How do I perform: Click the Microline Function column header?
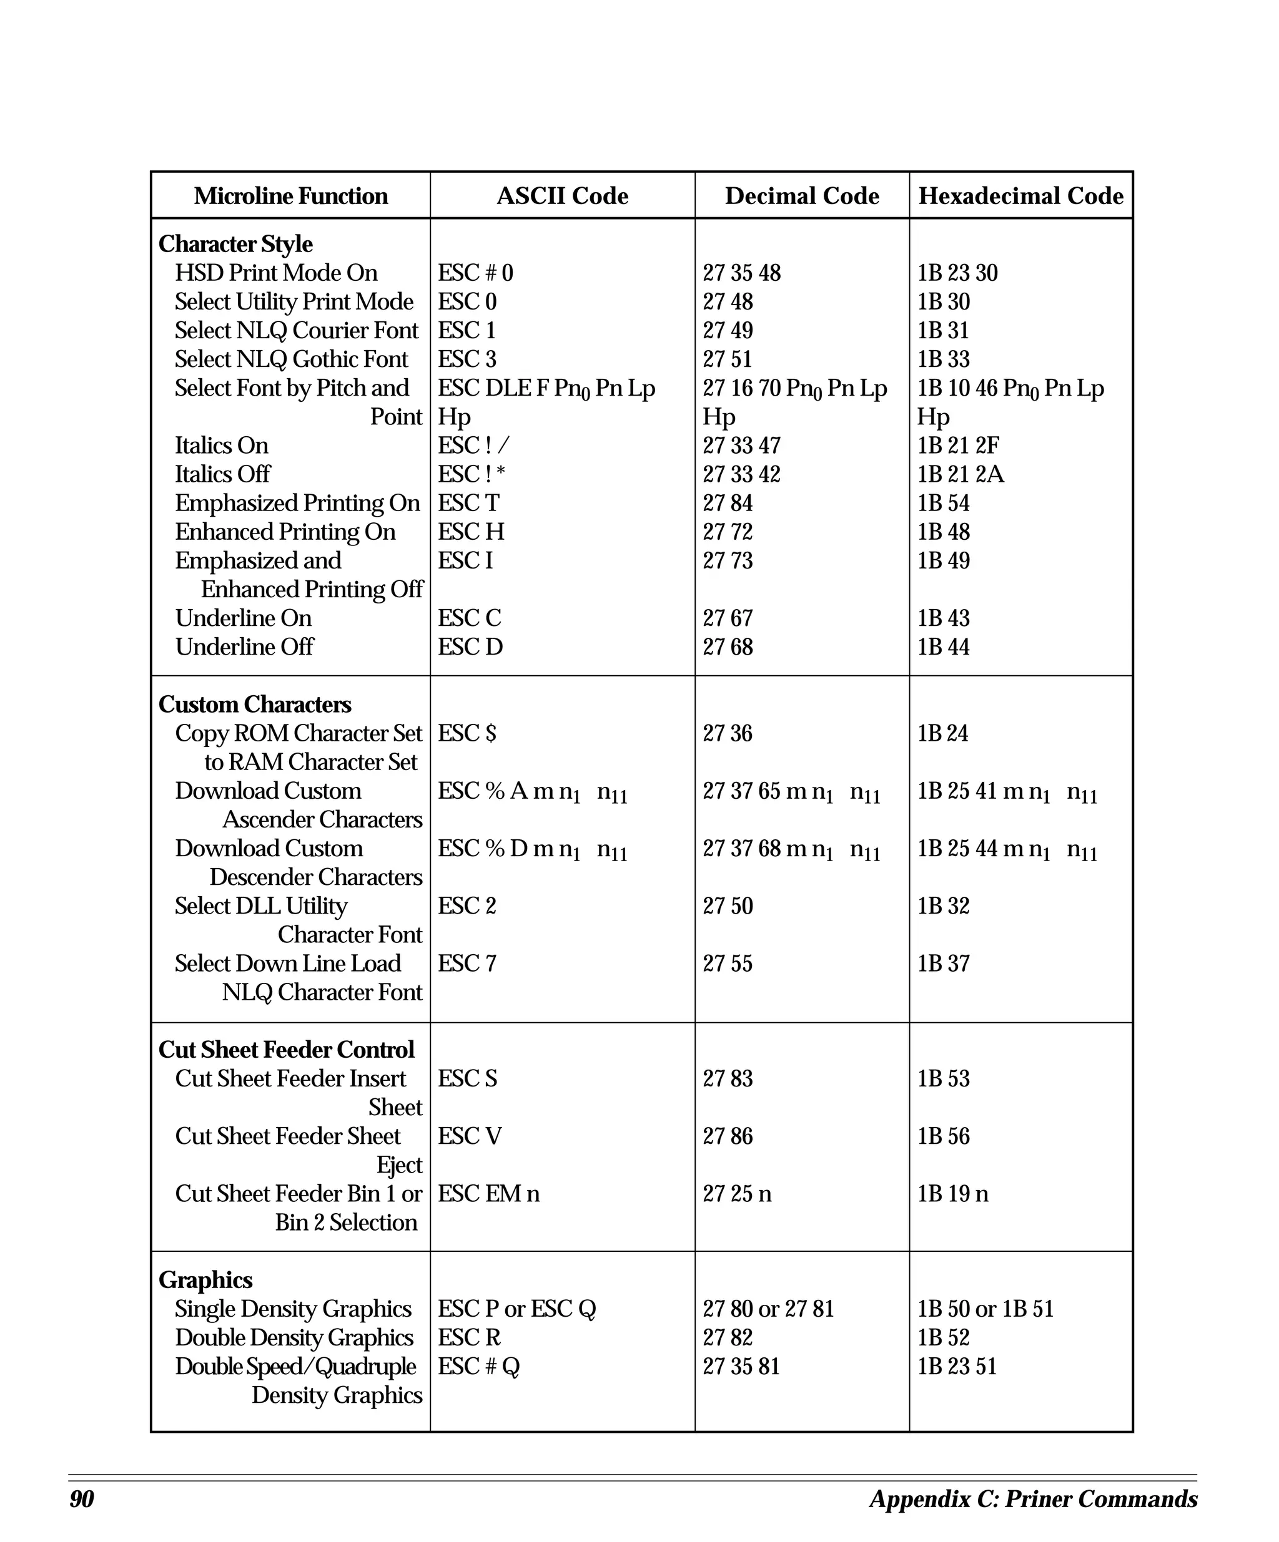(291, 196)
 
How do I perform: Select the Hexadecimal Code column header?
(1020, 196)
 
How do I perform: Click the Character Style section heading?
(235, 244)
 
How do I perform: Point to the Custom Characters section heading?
(254, 704)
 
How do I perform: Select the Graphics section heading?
(205, 1280)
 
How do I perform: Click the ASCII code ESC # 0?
(475, 273)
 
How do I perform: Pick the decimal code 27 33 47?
(741, 446)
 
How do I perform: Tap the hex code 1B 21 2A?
(959, 474)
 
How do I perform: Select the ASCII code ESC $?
(467, 733)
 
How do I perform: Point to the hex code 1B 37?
(942, 964)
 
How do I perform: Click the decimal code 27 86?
(728, 1136)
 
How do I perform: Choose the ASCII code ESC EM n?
(488, 1193)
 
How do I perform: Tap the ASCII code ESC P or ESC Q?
(516, 1309)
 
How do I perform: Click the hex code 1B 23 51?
(957, 1366)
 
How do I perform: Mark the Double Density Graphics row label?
(294, 1337)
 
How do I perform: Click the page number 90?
(82, 1499)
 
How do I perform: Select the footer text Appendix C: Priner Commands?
(1033, 1499)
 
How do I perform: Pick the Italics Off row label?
(222, 474)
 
